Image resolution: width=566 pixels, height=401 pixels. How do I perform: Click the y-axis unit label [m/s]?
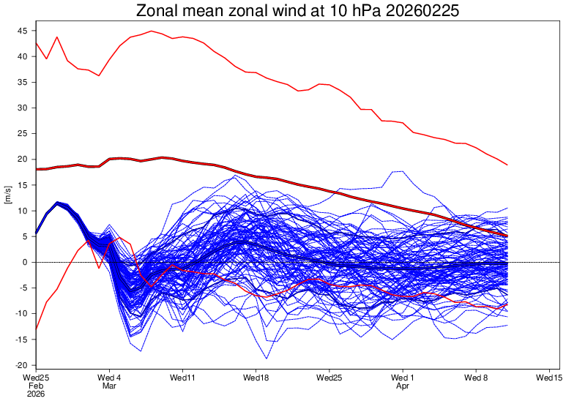point(8,195)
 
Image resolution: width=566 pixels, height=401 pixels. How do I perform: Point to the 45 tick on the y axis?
point(23,31)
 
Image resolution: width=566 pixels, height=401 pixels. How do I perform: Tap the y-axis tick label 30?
point(23,108)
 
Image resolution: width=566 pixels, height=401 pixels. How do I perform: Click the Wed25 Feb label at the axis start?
point(36,378)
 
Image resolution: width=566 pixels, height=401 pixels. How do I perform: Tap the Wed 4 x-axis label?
point(109,378)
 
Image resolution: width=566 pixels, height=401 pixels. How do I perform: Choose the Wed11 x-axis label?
point(182,378)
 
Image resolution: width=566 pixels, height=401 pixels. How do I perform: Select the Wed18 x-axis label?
point(256,378)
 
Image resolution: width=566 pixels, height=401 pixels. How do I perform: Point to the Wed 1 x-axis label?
point(403,378)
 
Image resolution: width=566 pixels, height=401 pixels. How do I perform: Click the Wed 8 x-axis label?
point(476,378)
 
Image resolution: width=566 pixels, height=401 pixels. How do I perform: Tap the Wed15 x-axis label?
point(549,378)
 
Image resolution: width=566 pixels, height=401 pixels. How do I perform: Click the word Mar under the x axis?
point(109,386)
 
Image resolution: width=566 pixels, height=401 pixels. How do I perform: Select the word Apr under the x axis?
point(403,386)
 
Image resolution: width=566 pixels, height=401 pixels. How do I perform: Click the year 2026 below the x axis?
point(36,394)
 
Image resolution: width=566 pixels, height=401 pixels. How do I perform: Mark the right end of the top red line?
point(507,165)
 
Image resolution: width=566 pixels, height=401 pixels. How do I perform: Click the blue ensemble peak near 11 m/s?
point(57,203)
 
